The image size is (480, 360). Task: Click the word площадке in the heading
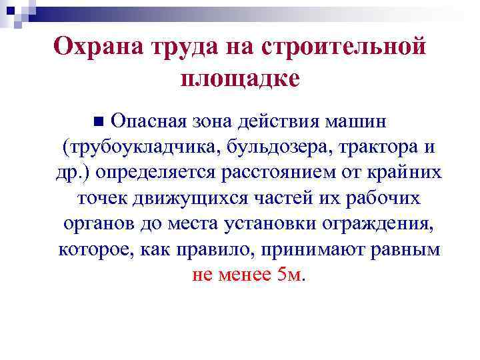[240, 79]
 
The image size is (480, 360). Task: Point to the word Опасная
[146, 122]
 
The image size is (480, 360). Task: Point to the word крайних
[409, 173]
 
